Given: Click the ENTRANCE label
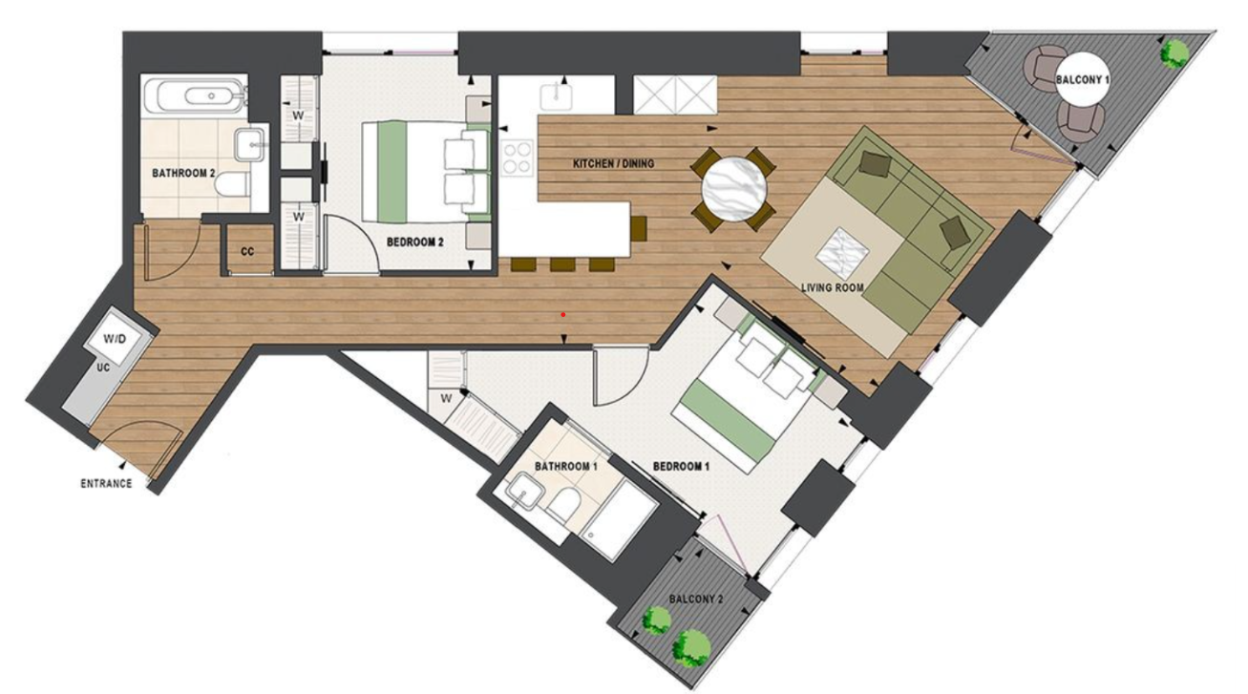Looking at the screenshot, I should click(x=106, y=484).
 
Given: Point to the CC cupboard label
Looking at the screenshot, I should click(x=247, y=252).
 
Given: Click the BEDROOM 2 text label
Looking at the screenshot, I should click(x=415, y=242).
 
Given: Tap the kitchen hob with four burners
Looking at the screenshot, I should click(x=517, y=158).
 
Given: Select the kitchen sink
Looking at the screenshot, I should click(x=555, y=96).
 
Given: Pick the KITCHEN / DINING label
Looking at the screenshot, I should click(x=613, y=164).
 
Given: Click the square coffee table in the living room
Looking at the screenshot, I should click(x=843, y=251).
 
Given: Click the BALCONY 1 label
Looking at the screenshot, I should click(x=1083, y=81).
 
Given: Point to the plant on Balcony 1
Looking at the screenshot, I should click(x=1173, y=52).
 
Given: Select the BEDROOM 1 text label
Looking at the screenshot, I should click(x=681, y=467).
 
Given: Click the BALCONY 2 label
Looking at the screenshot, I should click(x=696, y=599).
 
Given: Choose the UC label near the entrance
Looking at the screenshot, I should click(x=101, y=367).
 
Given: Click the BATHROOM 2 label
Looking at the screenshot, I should click(x=183, y=174).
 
